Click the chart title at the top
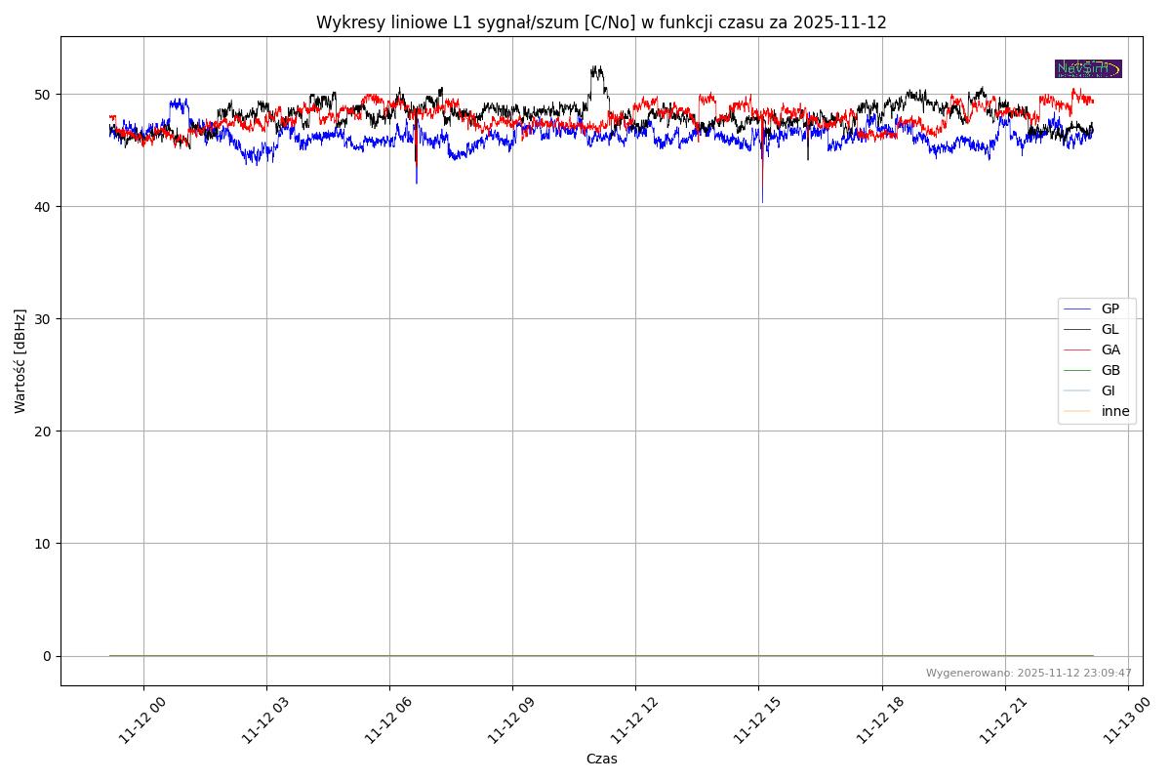(601, 22)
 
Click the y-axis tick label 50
(45, 95)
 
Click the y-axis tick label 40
(45, 207)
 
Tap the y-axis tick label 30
(45, 319)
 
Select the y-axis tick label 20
(45, 432)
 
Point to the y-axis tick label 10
(45, 544)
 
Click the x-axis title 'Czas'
(601, 760)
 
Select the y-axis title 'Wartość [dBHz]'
(20, 360)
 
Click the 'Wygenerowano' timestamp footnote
(1029, 673)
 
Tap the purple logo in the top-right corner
(1088, 68)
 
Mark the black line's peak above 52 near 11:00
(596, 67)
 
